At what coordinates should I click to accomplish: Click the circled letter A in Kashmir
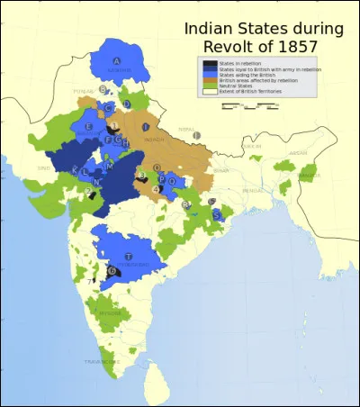tap(115, 61)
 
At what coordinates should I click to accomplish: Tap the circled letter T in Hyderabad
tap(128, 231)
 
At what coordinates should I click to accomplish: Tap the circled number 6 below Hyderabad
tap(112, 271)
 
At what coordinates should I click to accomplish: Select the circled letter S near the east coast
tap(217, 214)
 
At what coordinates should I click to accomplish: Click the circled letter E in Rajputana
tap(89, 127)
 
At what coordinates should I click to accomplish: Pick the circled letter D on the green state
tap(127, 104)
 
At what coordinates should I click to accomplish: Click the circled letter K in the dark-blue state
tap(76, 168)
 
